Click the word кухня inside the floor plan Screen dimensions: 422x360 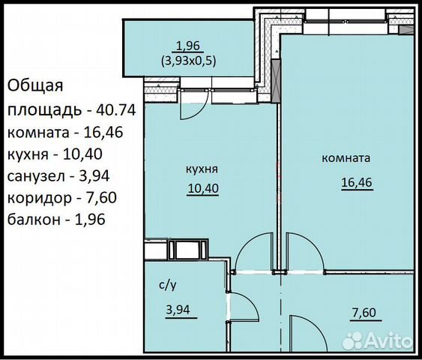(202, 169)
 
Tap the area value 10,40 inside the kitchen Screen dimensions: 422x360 (203, 188)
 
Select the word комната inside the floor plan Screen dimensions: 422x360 (346, 158)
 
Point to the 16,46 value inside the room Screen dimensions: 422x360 (357, 182)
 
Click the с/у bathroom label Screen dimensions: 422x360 (168, 285)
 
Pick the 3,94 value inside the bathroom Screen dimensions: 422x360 (178, 310)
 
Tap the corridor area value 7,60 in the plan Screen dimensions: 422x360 (364, 313)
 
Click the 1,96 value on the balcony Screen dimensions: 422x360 (188, 46)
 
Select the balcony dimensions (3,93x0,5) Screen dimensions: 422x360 (188, 61)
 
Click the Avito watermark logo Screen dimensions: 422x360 (377, 340)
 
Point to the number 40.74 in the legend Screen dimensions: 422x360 (115, 109)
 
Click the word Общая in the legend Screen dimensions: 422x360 (35, 86)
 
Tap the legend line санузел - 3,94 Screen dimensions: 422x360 (58, 176)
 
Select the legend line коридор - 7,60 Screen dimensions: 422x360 (62, 198)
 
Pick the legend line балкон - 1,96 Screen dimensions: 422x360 (56, 220)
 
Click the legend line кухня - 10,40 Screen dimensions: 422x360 (55, 154)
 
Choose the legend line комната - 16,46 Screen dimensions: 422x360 (65, 133)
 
